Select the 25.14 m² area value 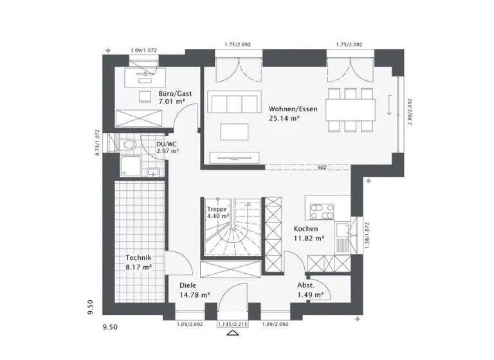[x=284, y=118]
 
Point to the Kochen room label [x=305, y=229]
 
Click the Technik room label [x=138, y=257]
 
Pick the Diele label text [x=188, y=285]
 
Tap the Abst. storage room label [x=306, y=285]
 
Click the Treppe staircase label [x=217, y=210]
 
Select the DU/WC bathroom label [x=167, y=145]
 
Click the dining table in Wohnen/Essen [x=351, y=107]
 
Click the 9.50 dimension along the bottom [x=111, y=327]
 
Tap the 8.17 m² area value [x=138, y=266]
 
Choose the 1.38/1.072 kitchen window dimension [x=365, y=235]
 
